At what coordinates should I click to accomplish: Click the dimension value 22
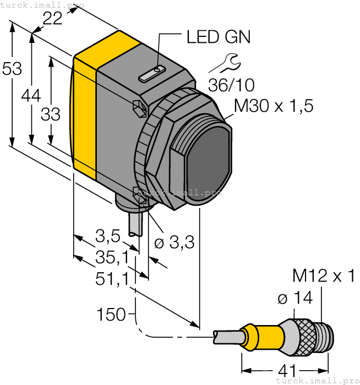click(x=53, y=19)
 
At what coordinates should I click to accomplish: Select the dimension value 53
click(x=12, y=69)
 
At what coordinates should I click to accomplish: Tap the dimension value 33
click(x=51, y=114)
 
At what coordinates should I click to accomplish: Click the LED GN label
click(x=218, y=37)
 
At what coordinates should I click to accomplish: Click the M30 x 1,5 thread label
click(x=274, y=105)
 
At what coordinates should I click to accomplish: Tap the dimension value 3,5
click(x=107, y=237)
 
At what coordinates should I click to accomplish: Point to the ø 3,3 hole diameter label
click(x=173, y=243)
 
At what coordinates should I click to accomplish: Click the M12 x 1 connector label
click(x=324, y=276)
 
